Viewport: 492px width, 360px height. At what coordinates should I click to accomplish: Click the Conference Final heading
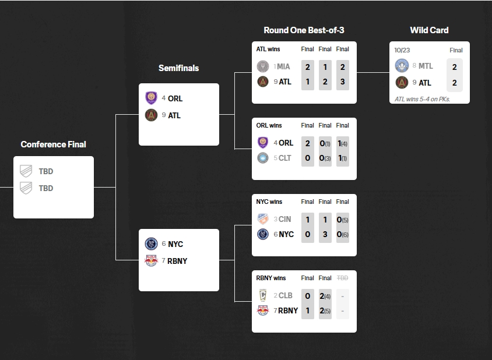[53, 144]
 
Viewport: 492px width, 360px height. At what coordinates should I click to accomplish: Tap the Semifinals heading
[178, 68]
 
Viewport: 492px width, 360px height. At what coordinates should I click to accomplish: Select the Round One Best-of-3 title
[304, 30]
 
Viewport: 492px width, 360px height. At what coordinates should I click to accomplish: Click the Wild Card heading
[429, 30]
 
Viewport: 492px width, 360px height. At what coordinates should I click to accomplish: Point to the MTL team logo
[401, 66]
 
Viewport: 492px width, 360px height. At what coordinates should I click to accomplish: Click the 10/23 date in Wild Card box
[403, 50]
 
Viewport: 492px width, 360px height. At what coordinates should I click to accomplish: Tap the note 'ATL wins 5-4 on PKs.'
[422, 99]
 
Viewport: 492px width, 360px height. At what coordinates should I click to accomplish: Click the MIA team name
[283, 66]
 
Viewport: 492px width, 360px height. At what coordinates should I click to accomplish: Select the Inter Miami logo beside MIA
[263, 66]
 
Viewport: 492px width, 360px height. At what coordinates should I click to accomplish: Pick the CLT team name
[285, 158]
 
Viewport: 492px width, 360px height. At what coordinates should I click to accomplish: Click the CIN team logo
[263, 219]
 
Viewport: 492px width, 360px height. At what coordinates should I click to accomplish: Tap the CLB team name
[285, 295]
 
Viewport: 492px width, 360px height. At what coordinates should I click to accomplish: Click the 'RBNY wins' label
[271, 278]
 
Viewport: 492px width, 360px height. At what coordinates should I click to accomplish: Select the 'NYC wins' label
[269, 202]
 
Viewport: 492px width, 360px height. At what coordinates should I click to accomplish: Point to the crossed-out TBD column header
[343, 278]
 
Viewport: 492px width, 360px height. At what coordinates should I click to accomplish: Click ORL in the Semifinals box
[175, 98]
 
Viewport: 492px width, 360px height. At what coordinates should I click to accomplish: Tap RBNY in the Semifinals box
[177, 261]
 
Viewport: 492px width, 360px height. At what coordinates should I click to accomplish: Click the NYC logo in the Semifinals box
[152, 244]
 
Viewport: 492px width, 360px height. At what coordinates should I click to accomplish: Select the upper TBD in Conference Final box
[46, 171]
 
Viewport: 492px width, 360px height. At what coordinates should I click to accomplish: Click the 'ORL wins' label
[269, 125]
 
